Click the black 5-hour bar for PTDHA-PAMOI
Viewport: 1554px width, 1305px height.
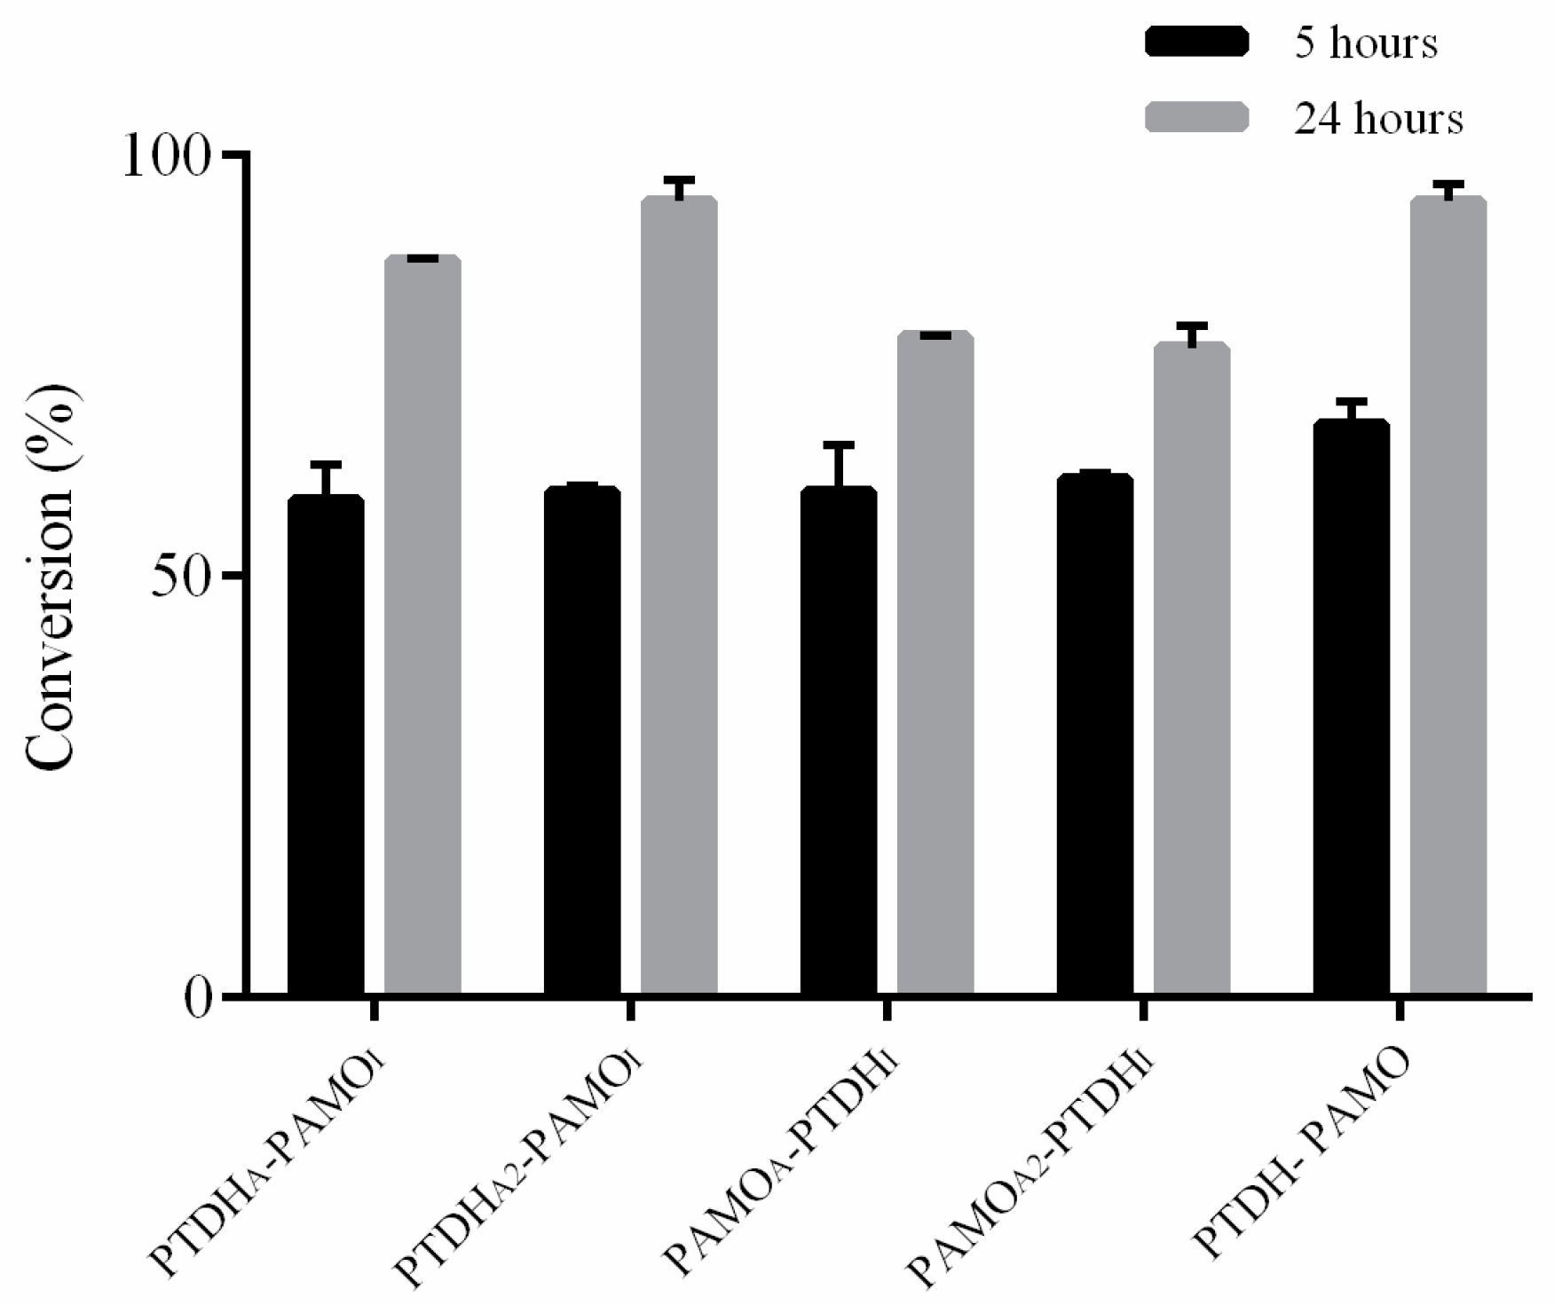pos(326,745)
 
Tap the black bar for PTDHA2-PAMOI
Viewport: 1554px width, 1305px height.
pos(582,741)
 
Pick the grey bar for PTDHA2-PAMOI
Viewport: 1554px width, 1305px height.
pos(679,594)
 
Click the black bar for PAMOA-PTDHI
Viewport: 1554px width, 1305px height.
pos(839,741)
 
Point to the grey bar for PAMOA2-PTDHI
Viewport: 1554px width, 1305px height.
pos(1192,670)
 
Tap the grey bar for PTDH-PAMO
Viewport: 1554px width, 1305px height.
pos(1448,594)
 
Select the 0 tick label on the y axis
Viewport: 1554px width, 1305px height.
pos(200,997)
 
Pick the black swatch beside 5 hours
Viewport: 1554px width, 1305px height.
pos(1196,42)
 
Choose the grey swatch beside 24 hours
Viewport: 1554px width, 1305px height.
pos(1196,117)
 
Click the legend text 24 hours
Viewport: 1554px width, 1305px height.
pos(1378,117)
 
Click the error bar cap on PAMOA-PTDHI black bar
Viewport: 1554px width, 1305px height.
pos(839,444)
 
